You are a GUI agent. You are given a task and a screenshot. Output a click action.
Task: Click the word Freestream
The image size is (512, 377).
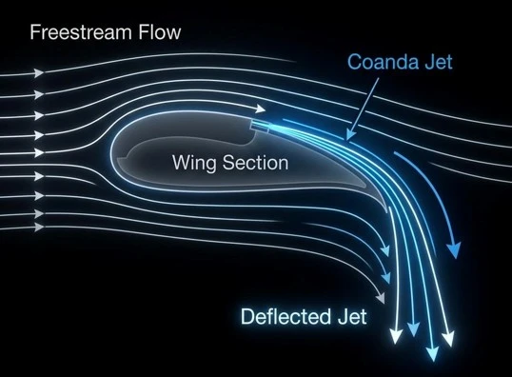[81, 32]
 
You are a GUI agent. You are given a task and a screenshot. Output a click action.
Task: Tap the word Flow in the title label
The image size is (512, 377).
[160, 32]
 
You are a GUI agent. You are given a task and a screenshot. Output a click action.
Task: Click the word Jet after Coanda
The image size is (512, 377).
[438, 62]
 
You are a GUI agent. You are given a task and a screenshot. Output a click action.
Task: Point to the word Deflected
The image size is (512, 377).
[286, 316]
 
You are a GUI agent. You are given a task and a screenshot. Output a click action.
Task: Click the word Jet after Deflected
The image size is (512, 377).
[352, 316]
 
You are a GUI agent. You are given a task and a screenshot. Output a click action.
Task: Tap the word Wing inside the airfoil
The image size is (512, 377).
[193, 163]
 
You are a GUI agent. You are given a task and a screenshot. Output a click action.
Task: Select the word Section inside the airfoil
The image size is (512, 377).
[256, 163]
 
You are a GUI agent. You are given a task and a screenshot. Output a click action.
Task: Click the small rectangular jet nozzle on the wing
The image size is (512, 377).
[260, 127]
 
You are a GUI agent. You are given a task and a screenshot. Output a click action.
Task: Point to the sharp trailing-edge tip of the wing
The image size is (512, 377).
[387, 211]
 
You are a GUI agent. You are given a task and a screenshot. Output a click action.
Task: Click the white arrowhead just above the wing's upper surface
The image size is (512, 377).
[261, 109]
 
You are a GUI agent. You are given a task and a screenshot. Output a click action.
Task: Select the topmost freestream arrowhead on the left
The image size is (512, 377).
[39, 73]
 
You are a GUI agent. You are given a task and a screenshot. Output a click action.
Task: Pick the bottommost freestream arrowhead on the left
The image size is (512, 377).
[39, 227]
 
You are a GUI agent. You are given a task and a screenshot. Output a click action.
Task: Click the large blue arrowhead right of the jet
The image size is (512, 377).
[454, 250]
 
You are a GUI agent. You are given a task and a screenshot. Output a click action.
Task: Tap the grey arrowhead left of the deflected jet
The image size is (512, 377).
[381, 298]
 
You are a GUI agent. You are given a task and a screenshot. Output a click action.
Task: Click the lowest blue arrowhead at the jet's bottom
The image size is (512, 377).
[433, 354]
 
